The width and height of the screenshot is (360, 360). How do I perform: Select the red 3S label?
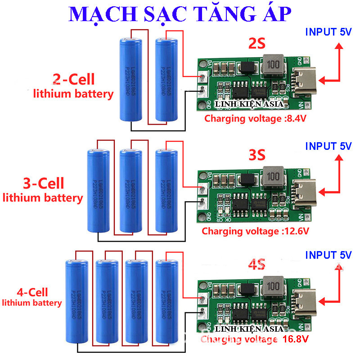[x=257, y=156]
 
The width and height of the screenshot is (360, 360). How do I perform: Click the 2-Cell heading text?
[x=74, y=80]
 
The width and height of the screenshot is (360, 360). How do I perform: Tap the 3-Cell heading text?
[x=43, y=183]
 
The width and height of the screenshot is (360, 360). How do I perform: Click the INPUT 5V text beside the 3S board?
[x=328, y=146]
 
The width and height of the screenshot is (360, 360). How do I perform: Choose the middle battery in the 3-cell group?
[x=131, y=192]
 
